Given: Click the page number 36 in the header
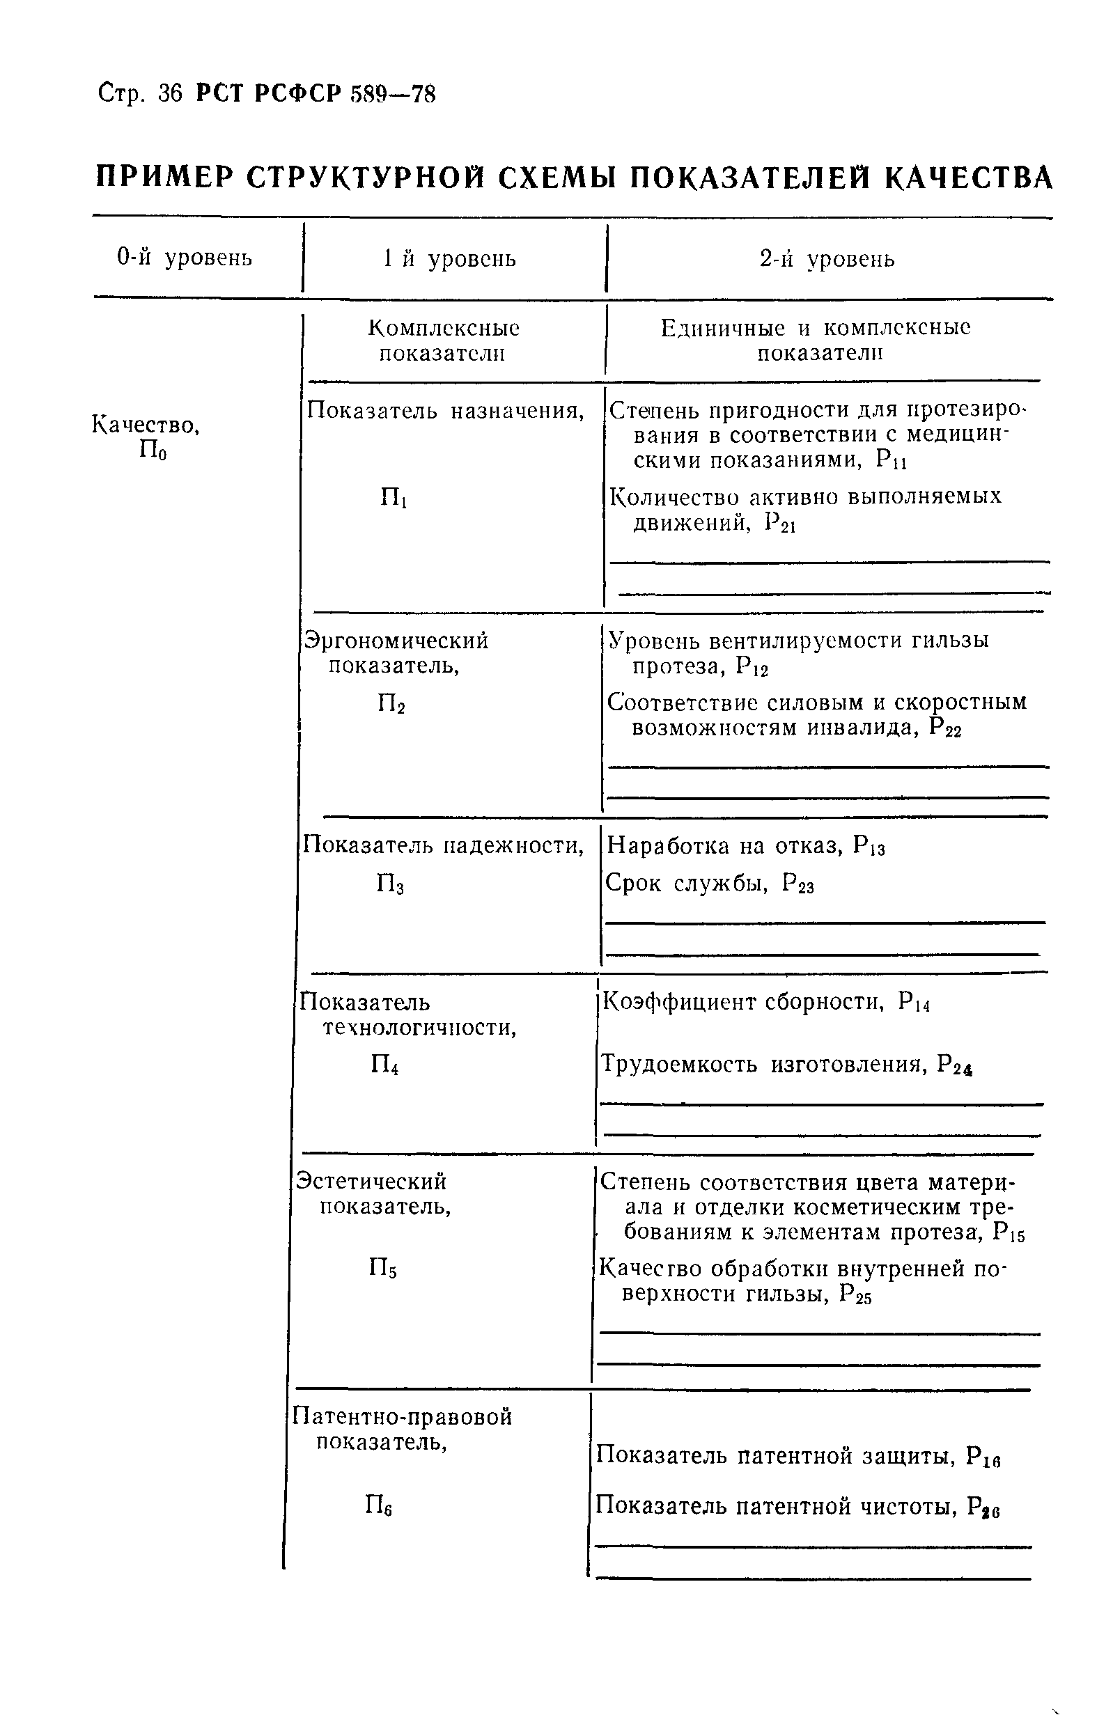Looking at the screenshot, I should click(x=170, y=95).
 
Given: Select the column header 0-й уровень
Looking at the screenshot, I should click(x=185, y=257).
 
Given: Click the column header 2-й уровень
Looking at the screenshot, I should click(x=827, y=259).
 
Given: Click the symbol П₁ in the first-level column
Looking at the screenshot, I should click(x=394, y=498).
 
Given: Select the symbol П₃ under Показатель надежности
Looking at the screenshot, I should click(x=390, y=884).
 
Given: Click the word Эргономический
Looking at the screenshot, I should click(x=396, y=641).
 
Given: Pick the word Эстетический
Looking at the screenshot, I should click(x=372, y=1181).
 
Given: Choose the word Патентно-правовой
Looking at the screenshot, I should click(x=403, y=1416).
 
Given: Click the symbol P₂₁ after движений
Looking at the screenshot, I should click(x=780, y=524).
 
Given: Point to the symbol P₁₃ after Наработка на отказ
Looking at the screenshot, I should click(x=869, y=846).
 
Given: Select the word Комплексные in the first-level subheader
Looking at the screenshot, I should click(x=444, y=329).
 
